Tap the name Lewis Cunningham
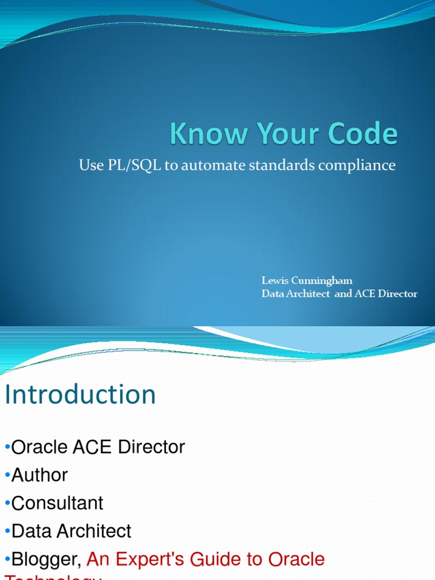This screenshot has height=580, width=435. click(x=307, y=281)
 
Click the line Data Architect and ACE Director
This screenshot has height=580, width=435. click(x=339, y=294)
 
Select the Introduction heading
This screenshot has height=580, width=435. click(x=80, y=395)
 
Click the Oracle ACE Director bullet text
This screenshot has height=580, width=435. click(x=98, y=447)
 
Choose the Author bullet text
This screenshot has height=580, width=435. click(x=40, y=475)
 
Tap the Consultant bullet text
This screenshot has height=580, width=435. click(x=57, y=503)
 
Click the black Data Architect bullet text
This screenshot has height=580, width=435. click(x=71, y=531)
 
